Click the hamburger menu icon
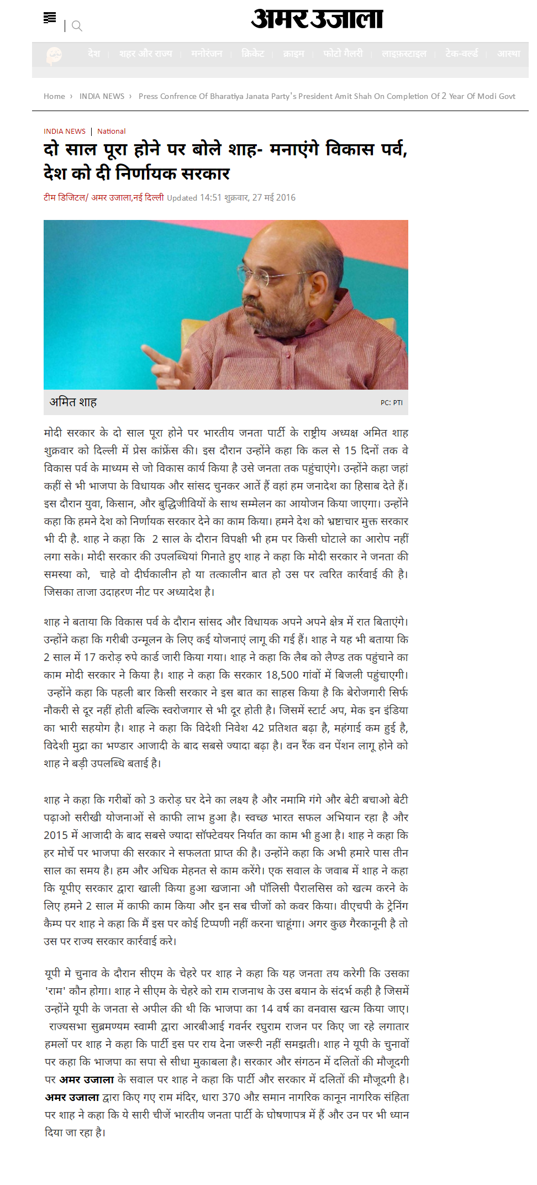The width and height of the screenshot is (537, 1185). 50,18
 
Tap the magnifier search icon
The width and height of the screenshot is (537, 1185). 77,26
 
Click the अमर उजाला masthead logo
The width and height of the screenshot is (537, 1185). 317,19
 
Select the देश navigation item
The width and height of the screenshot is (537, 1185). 94,54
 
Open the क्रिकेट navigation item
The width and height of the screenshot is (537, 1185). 253,54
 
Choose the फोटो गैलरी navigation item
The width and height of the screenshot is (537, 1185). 343,54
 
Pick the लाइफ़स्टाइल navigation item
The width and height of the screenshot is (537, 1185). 404,54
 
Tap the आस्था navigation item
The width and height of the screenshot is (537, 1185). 508,54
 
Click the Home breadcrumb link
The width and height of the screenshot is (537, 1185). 54,96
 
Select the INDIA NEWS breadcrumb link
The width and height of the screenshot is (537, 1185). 102,96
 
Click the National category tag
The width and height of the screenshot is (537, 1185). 112,132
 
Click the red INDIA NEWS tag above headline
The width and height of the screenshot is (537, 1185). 65,132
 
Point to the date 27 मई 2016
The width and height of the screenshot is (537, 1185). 273,198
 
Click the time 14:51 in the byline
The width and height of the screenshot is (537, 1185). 210,198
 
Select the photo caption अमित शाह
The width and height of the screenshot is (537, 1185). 73,402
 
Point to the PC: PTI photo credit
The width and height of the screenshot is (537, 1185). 391,403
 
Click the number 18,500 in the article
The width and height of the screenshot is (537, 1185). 282,675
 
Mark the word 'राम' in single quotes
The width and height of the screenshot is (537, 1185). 55,991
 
